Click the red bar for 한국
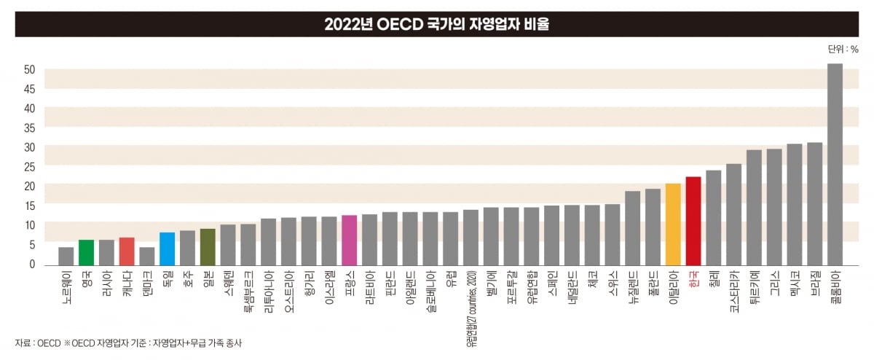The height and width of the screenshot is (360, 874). tap(693, 220)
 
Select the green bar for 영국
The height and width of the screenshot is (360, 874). tap(87, 252)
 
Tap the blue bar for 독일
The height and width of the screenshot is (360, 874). tap(168, 249)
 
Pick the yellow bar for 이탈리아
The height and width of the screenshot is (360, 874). tap(673, 224)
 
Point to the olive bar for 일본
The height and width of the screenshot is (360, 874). tap(208, 246)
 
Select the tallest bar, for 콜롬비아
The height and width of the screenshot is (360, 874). tap(835, 164)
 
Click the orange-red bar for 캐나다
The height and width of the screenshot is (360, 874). tap(127, 251)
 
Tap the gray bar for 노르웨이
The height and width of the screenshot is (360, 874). tap(66, 256)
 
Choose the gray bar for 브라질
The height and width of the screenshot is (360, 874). tap(814, 203)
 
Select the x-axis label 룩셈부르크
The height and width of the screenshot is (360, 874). tap(248, 290)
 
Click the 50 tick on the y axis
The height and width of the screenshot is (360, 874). tap(30, 70)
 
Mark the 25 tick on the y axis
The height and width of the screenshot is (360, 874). tap(30, 167)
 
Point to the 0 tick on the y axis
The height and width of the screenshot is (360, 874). tap(33, 264)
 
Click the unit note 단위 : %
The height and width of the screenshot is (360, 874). tap(842, 50)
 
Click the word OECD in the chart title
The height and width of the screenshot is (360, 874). tap(393, 25)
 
